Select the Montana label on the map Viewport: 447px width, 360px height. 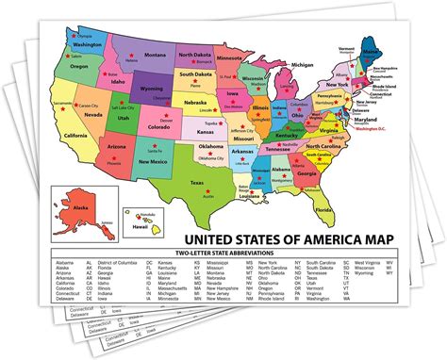pos(152,56)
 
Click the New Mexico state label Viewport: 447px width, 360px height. pos(152,163)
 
